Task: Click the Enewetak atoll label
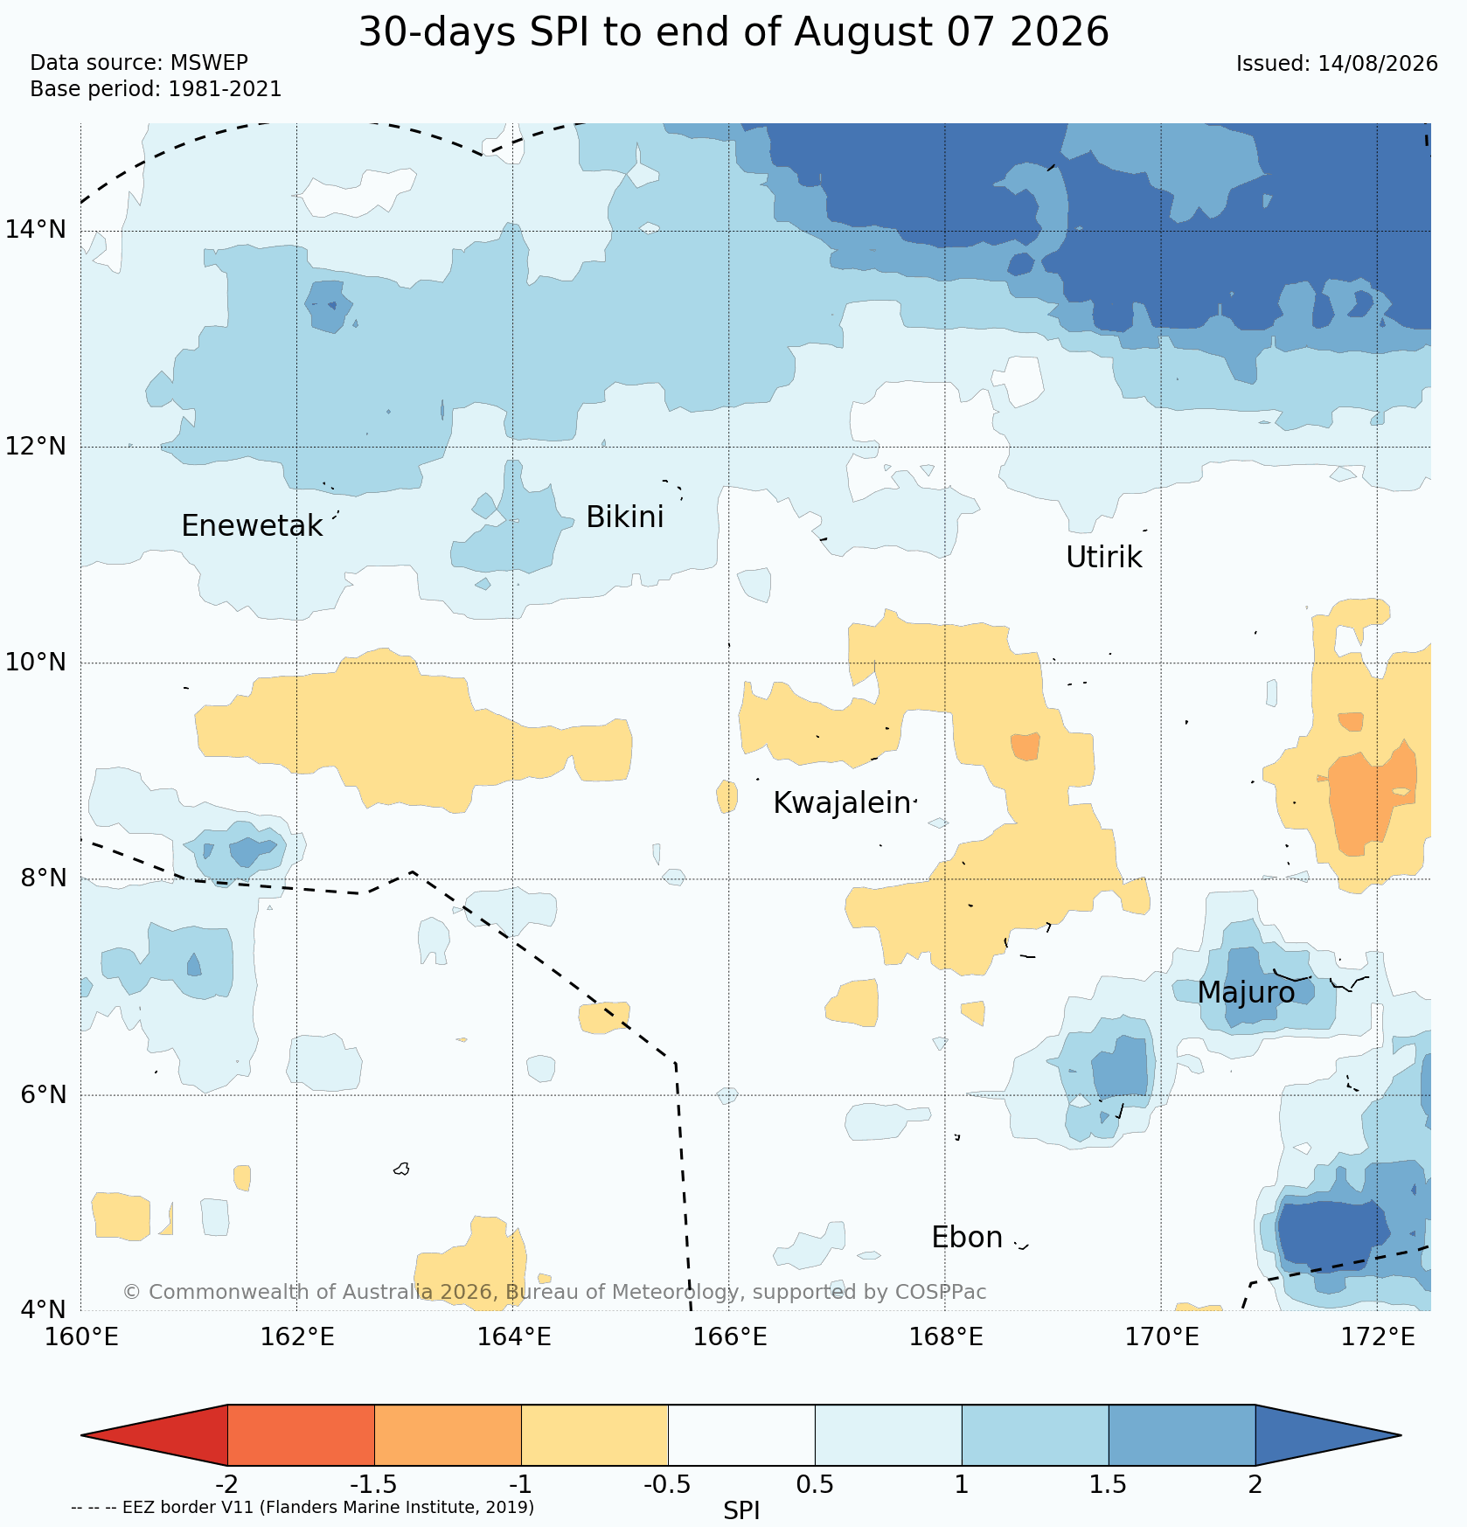pos(252,526)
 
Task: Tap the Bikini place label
pos(624,517)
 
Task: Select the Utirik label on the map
pos(1103,558)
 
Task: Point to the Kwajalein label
pos(842,803)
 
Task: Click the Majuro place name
pos(1246,993)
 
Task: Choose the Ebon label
pos(967,1238)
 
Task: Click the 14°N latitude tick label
pos(36,230)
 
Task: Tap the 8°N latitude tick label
pos(43,878)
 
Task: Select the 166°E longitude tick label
pos(729,1337)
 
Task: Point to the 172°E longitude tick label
pos(1377,1337)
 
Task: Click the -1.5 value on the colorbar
pos(374,1485)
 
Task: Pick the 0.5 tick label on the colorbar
pos(815,1485)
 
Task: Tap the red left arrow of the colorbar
pos(166,1435)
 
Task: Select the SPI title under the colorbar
pos(741,1511)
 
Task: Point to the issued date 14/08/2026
pos(1378,64)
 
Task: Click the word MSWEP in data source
pos(209,63)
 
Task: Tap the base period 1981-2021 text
pos(225,89)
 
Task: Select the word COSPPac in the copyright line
pos(940,1292)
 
